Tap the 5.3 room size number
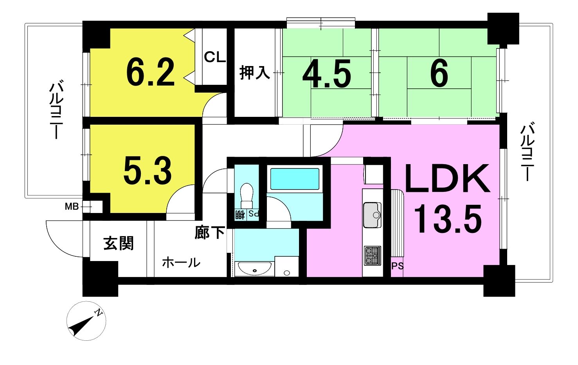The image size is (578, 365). pos(148,170)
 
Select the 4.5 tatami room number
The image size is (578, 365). pos(327,73)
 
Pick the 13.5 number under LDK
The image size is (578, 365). pos(448,218)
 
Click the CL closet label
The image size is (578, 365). pos(215,57)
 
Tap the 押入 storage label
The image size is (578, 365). pos(254,73)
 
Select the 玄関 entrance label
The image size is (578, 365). pos(119,243)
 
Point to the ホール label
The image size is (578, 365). pos(181,262)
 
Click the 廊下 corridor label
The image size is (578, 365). pos(209,232)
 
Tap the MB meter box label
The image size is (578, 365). pos(72,206)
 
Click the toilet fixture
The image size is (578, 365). pos(247,196)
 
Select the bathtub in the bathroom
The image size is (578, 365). pos(294,179)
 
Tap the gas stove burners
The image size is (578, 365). pos(373,256)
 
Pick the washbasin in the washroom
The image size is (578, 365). pos(254,268)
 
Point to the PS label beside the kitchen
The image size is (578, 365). pos(397,266)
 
